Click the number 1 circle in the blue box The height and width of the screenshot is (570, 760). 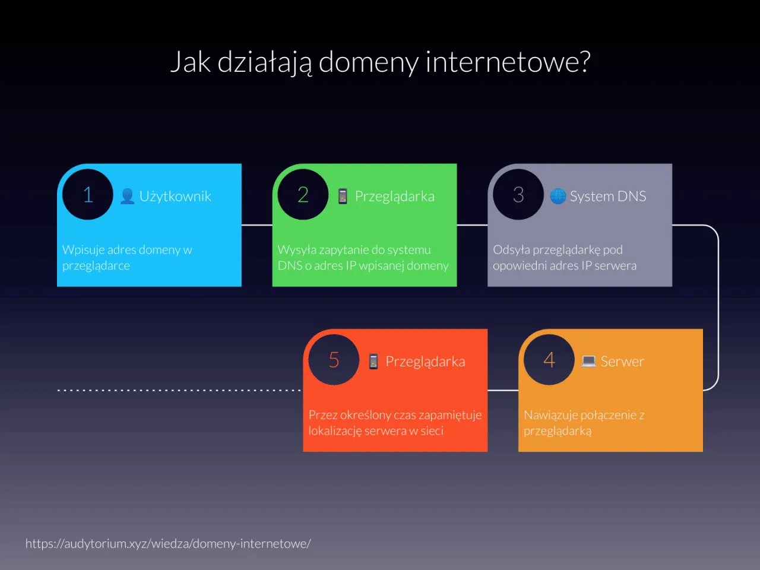click(88, 195)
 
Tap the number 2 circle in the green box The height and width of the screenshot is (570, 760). click(303, 195)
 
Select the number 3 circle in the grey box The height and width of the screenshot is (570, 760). click(518, 195)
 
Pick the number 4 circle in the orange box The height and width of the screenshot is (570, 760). click(549, 360)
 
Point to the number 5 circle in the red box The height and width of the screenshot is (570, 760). click(334, 360)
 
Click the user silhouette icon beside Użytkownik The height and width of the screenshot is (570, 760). click(127, 196)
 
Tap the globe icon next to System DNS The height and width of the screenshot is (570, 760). click(558, 196)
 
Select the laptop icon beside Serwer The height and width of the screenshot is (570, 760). click(588, 361)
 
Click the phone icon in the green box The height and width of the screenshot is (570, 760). click(343, 196)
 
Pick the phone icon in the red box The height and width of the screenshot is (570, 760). click(373, 361)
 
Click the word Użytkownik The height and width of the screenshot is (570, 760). click(175, 197)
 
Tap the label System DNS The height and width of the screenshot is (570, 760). click(608, 197)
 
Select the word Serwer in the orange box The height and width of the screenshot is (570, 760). click(622, 362)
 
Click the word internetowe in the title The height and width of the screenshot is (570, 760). click(508, 62)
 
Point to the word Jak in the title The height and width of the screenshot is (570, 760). click(190, 62)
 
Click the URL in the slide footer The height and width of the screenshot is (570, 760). click(168, 543)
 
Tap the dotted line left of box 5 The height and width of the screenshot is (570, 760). click(178, 390)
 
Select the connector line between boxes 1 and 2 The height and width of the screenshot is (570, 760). click(256, 225)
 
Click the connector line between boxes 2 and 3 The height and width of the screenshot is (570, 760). click(472, 225)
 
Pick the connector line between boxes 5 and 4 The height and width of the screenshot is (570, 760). click(503, 390)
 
